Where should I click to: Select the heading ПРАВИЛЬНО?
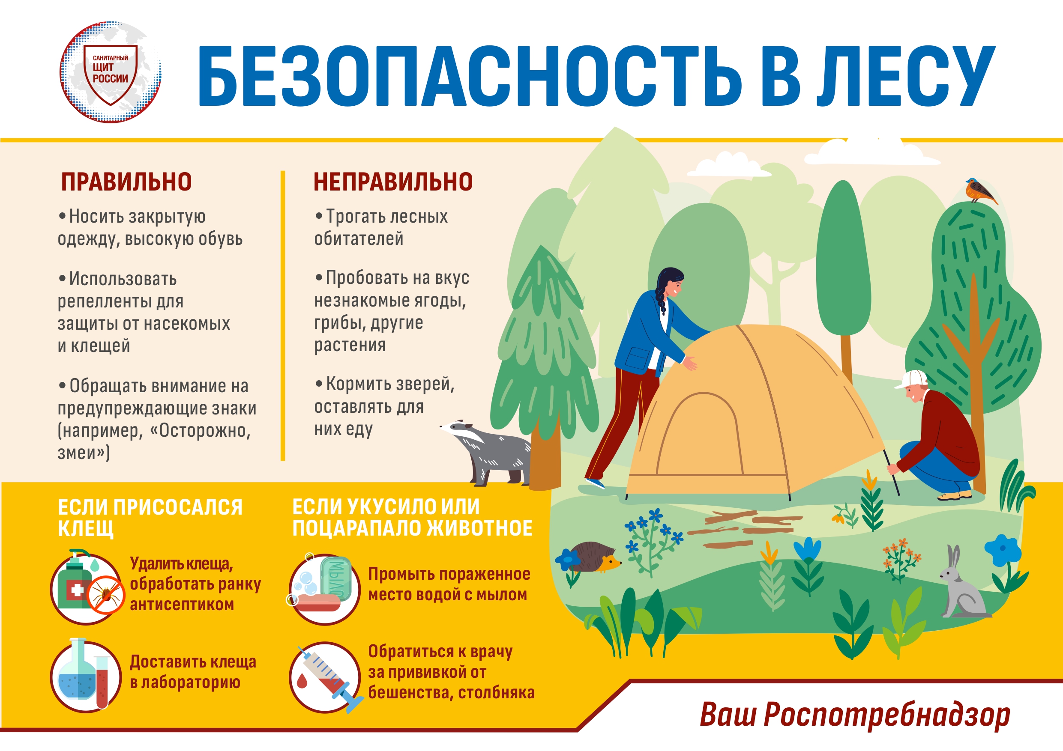tap(126, 182)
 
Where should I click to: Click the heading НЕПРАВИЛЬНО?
tap(393, 182)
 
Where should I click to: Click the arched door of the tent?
tap(699, 435)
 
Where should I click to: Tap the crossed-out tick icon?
tap(106, 595)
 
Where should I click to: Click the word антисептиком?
tap(182, 604)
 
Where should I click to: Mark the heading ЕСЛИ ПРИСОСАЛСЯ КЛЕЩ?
tap(150, 518)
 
